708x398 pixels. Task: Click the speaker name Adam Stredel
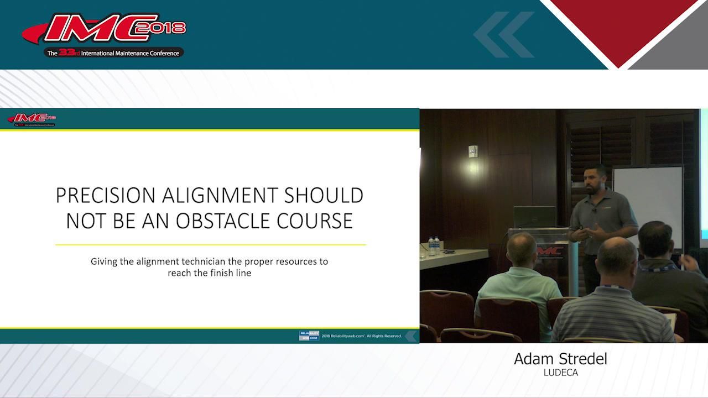point(560,359)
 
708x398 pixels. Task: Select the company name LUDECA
point(560,373)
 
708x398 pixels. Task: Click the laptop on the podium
point(534,217)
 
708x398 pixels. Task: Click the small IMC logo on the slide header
point(32,119)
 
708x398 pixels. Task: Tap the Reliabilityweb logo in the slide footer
point(309,336)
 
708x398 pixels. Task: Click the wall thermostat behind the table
point(472,151)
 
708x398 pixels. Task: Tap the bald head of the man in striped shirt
point(617,255)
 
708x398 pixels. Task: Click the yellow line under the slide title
point(210,244)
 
